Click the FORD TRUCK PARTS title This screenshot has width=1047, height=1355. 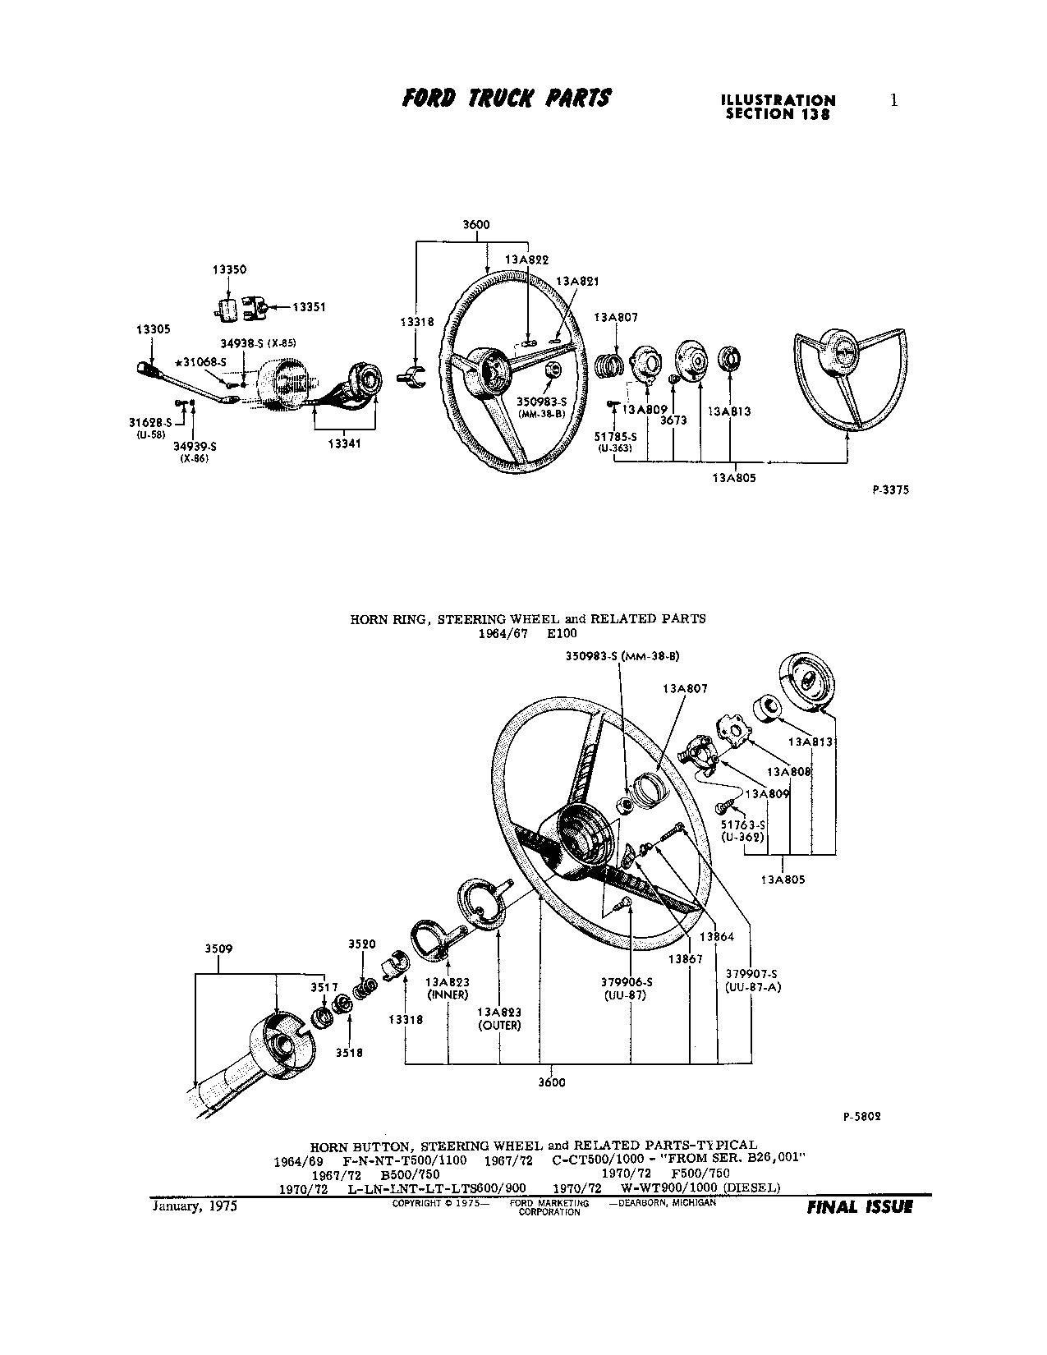pyautogui.click(x=507, y=99)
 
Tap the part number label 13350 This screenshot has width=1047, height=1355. pyautogui.click(x=229, y=269)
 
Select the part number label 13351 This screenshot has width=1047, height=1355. pyautogui.click(x=309, y=308)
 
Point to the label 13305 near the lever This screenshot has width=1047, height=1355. pyautogui.click(x=153, y=329)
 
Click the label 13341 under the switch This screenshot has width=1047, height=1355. pyautogui.click(x=344, y=444)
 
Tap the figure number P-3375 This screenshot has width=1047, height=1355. pyautogui.click(x=891, y=490)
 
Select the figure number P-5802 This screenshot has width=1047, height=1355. pyautogui.click(x=862, y=1117)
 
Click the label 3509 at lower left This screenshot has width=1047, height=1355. pyautogui.click(x=218, y=948)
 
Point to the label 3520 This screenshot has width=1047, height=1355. pyautogui.click(x=361, y=944)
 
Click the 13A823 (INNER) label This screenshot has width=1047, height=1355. pyautogui.click(x=448, y=987)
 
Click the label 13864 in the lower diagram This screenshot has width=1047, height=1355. pyautogui.click(x=717, y=937)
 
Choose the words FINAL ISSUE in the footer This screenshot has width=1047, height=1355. pyautogui.click(x=859, y=1207)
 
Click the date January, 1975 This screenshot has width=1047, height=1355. pyautogui.click(x=194, y=1206)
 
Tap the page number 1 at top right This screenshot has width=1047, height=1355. pyautogui.click(x=894, y=100)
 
